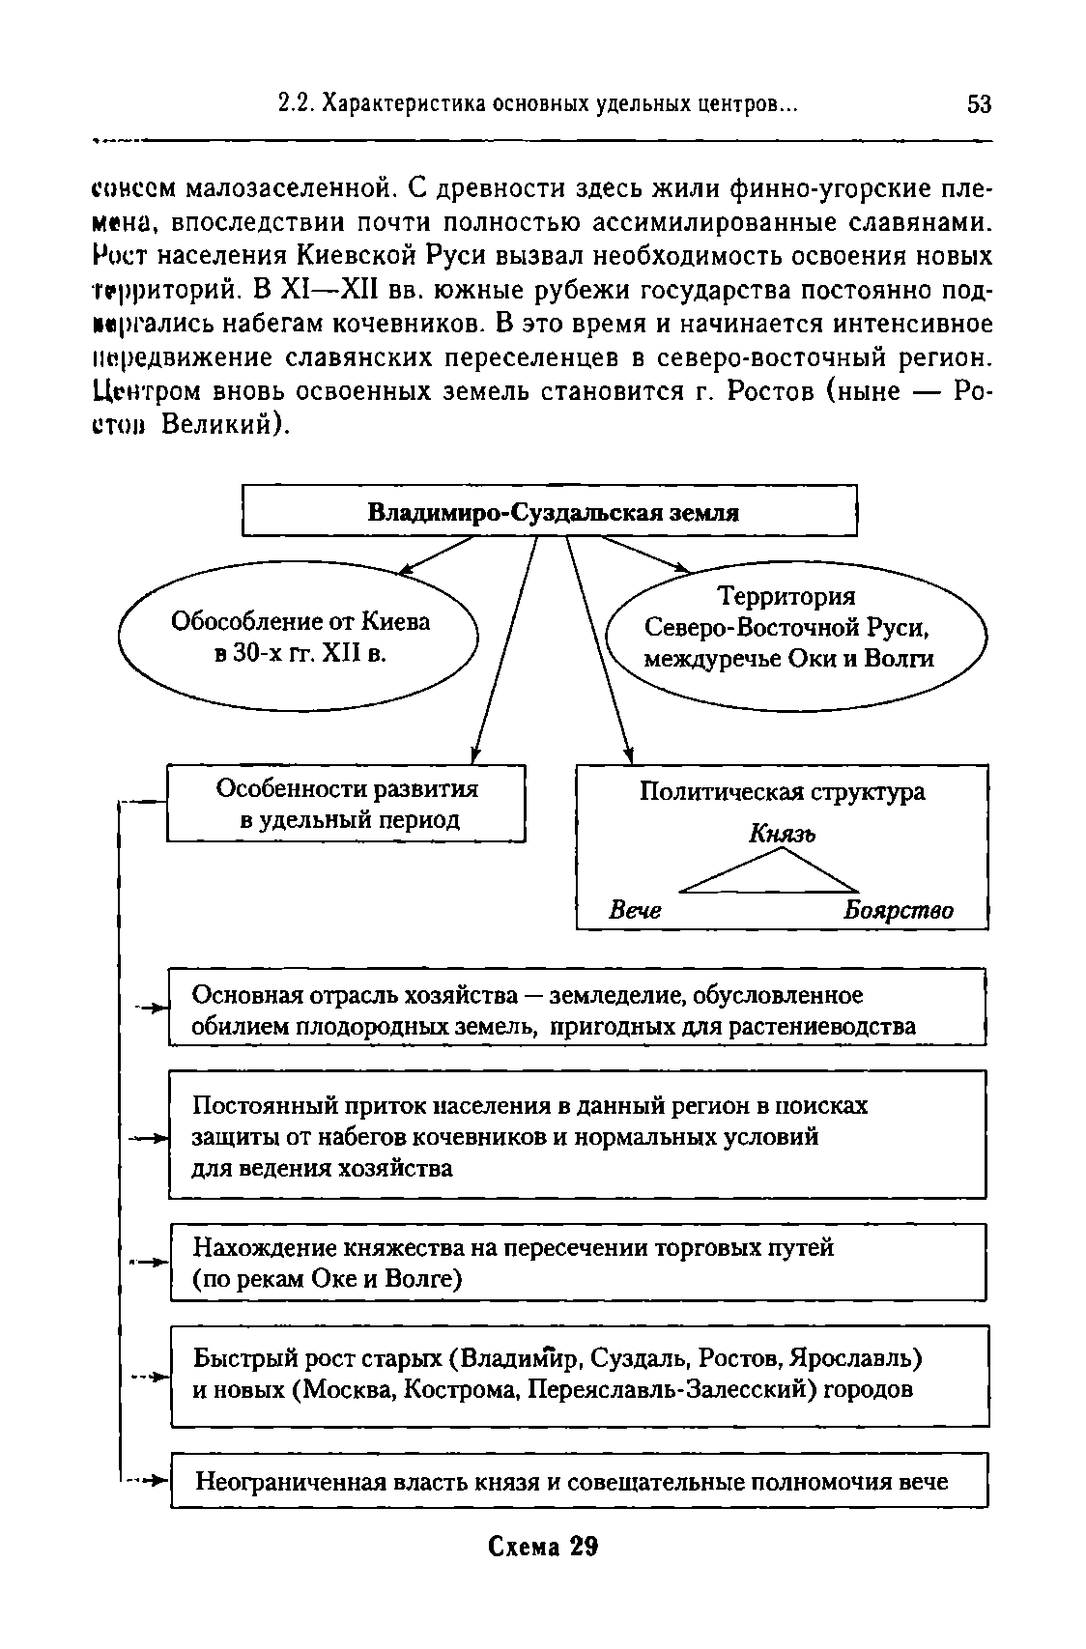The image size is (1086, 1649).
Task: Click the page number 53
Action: [979, 103]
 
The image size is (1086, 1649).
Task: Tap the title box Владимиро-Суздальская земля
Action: [549, 512]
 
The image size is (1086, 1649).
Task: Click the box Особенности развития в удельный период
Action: [347, 804]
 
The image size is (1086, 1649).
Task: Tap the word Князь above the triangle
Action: [782, 833]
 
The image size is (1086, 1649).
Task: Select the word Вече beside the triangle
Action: [635, 910]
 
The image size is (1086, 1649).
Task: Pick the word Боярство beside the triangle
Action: [898, 910]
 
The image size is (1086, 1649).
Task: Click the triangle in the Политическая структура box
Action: [770, 872]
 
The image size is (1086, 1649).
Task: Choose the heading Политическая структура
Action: [782, 792]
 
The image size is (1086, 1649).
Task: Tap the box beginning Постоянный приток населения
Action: [577, 1135]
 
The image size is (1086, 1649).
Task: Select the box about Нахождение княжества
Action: [577, 1263]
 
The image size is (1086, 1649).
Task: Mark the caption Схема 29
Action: [543, 1548]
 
